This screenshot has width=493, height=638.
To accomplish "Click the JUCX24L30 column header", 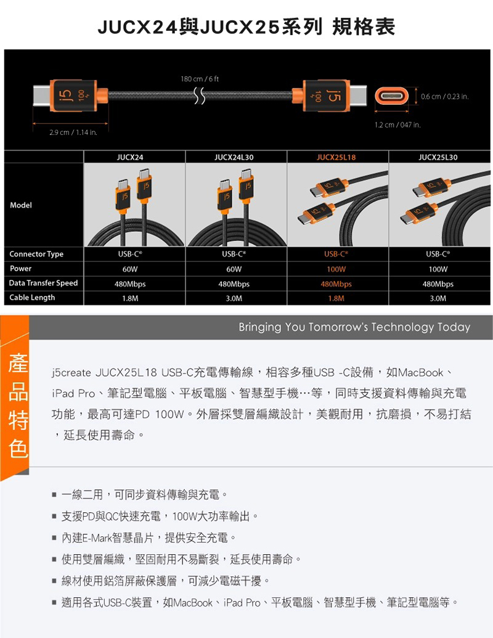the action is point(234,157).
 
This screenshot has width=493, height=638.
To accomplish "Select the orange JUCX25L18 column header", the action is point(336,157).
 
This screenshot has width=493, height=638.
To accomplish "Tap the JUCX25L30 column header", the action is point(438,157).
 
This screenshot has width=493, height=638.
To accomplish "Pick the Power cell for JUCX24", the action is point(130,269).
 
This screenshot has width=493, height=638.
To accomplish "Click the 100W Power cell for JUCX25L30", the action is point(438,269).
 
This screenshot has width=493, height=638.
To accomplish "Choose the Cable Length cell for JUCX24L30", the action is point(234,298).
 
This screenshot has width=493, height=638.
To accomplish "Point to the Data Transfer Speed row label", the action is point(43,283).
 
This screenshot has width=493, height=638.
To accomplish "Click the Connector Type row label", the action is point(36,254).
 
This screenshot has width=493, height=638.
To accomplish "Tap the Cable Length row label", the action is point(31,298).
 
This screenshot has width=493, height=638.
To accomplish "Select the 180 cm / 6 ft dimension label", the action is point(200,79).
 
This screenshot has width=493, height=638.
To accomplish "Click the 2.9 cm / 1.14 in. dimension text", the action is point(73,133).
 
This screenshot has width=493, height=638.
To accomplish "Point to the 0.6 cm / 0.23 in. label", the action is point(444,96).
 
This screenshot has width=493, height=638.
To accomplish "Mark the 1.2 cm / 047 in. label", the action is point(397,125).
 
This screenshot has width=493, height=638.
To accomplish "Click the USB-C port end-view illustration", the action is point(391,96).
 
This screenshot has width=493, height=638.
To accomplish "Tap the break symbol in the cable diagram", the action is point(199,96).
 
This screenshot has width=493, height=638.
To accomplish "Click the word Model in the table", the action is point(21,205).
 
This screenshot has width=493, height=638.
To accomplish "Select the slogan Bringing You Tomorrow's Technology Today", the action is point(354,327).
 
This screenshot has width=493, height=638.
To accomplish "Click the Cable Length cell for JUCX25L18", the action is point(336,298).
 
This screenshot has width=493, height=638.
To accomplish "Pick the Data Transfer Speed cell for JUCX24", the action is point(130,284).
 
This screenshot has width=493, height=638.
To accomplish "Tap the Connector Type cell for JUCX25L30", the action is point(438,254).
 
